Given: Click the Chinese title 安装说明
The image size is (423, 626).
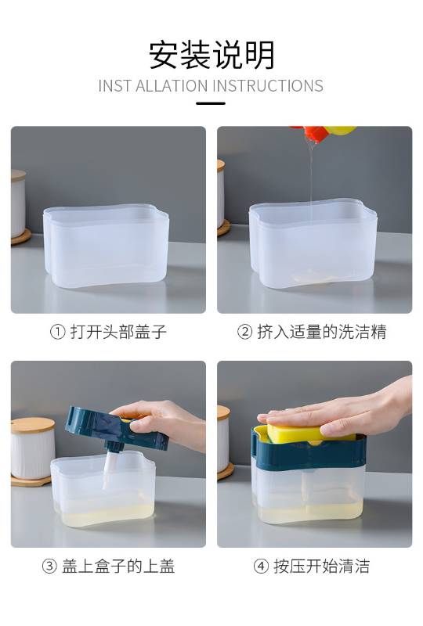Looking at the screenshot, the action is coord(211,55).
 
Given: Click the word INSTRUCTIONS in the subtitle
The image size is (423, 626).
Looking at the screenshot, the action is coord(267,86).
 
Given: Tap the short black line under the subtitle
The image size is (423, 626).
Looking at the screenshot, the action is coord(211,103).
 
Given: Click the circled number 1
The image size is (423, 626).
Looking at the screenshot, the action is coord(57,332).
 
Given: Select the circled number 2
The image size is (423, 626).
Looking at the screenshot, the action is coord(244,332).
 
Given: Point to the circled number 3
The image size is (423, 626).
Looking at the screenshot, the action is coord(49,566).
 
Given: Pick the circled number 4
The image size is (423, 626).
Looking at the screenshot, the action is coord(261,566).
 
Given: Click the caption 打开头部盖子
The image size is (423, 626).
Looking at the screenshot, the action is coord(118,332).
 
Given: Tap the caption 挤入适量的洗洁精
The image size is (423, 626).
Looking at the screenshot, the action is coord(322,332).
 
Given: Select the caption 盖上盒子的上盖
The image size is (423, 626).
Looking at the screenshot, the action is coord(118,566).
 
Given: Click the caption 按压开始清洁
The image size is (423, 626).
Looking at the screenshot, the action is coord(322,566).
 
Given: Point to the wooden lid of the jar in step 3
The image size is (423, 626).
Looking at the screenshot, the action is coord(33,425).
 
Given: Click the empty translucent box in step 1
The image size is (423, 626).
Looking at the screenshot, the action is coord(106,245).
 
